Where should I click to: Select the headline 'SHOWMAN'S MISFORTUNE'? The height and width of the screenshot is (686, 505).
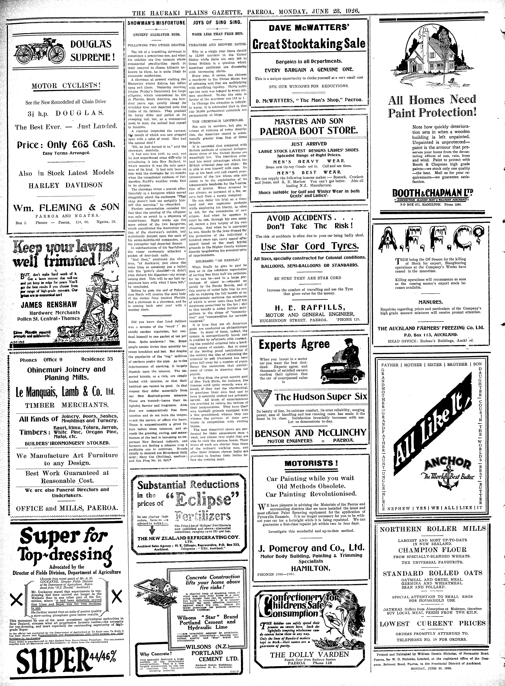tap(156, 23)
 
